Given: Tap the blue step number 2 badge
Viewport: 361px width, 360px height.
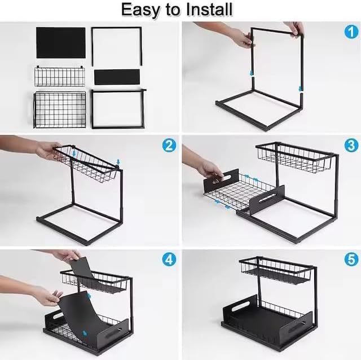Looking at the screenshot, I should coord(169,146).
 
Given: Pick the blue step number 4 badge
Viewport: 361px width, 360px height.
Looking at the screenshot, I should coord(169,260).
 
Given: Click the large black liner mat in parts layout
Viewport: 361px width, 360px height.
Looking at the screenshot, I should coord(60,42).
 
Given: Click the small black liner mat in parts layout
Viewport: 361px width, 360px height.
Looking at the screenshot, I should coord(117,77).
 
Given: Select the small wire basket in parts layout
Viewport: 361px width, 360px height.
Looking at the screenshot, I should coord(59,76).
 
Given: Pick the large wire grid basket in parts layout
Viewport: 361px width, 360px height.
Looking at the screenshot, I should coord(59,109).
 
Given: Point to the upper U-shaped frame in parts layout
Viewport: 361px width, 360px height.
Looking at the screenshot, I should coord(117,45).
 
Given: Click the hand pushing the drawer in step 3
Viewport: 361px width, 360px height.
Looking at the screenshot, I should coord(209,168).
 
